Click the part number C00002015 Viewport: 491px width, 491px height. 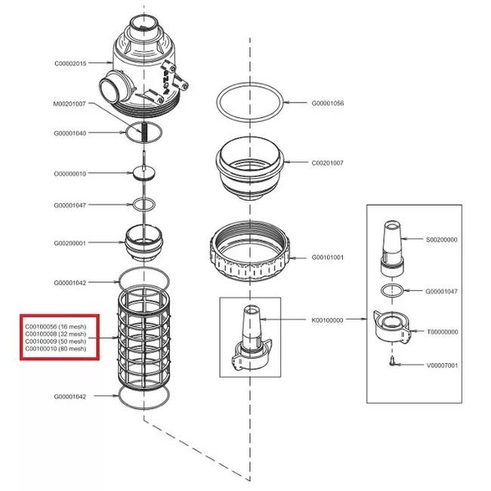coord(70,63)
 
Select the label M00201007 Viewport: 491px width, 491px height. coord(69,103)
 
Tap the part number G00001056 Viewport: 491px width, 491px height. coord(328,103)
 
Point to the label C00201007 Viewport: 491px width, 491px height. coord(327,163)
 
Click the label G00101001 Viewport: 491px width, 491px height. coord(327,258)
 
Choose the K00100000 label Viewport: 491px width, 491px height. coord(327,320)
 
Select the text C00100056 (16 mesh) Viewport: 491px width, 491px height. coord(55,326)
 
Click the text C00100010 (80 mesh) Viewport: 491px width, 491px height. coord(55,348)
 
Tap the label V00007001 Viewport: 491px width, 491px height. coord(442,366)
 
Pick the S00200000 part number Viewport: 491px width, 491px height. coord(442,240)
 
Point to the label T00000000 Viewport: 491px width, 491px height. coord(442,332)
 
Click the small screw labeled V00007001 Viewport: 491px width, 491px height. coord(392,362)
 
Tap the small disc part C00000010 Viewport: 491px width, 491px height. coord(144,173)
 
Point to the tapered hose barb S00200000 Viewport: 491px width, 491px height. coord(392,247)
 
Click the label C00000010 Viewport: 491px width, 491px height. coord(69,174)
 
